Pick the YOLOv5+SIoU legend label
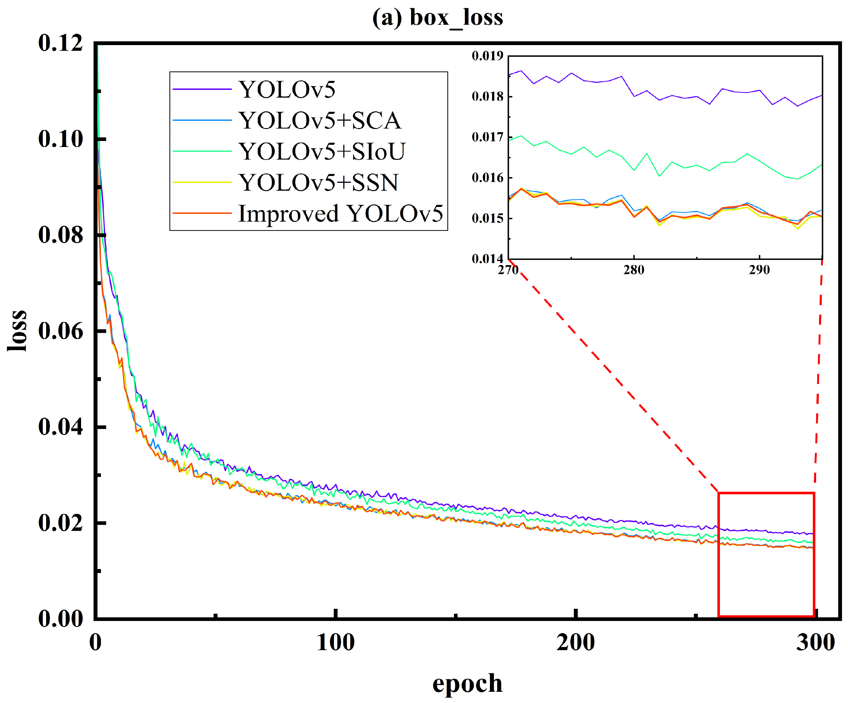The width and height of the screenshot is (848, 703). click(x=321, y=151)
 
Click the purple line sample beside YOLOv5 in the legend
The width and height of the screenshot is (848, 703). click(x=202, y=89)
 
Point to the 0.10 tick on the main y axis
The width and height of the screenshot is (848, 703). click(x=60, y=139)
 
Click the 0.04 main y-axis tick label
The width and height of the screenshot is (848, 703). click(x=60, y=427)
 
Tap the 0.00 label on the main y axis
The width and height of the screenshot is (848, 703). click(x=60, y=618)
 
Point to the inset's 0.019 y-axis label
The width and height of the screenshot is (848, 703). click(x=487, y=56)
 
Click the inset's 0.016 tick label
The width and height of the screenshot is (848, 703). click(x=487, y=178)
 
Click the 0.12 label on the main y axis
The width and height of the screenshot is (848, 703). click(x=60, y=43)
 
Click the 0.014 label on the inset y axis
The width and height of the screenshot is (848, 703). click(x=487, y=259)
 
